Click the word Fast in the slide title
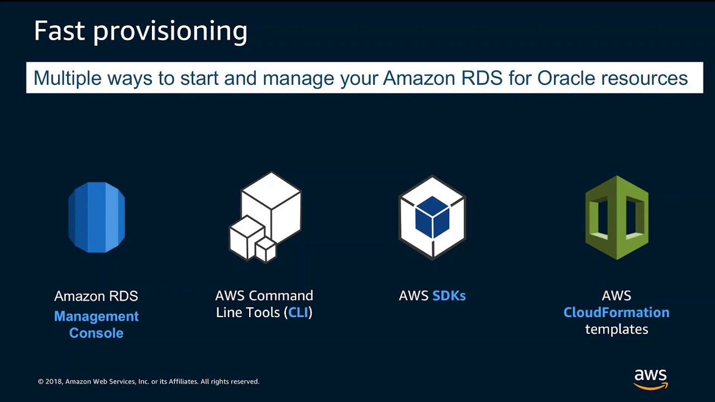point(60,30)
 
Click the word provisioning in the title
point(170,32)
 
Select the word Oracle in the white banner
point(566,78)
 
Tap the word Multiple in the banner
point(68,79)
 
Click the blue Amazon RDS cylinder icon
point(97,217)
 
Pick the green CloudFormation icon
point(617,218)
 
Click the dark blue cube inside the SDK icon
point(432,217)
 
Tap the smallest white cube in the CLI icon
point(266,250)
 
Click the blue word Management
point(97,317)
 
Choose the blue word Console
point(97,333)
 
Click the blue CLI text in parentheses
point(298,313)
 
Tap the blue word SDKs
point(449,296)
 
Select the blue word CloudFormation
point(616,313)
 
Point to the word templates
point(617,329)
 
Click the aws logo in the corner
point(651,379)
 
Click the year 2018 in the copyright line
point(54,381)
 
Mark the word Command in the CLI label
point(281,296)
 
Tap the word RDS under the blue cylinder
point(123,296)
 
